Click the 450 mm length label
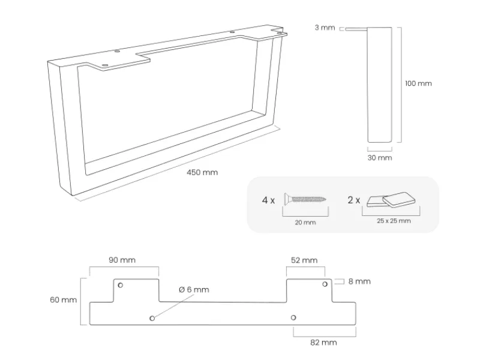(202, 172)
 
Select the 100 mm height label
(418, 83)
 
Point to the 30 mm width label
(379, 158)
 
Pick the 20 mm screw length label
(305, 222)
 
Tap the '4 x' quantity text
(268, 200)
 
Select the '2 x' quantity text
(354, 200)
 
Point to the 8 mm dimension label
(359, 281)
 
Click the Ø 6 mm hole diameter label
(193, 290)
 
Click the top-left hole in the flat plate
(120, 284)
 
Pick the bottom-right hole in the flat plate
(293, 317)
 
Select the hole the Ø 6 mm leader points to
(152, 317)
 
